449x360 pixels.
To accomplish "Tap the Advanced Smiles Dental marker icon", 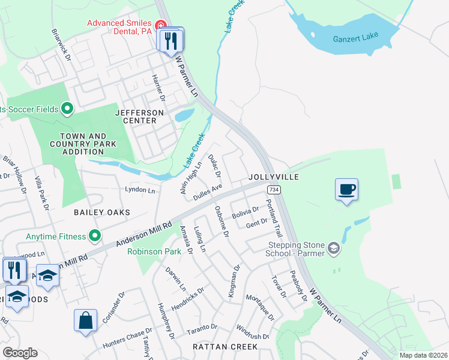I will [x=160, y=25].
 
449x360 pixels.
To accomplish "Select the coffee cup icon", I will [x=346, y=190].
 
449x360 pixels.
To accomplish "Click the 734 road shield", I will [x=274, y=189].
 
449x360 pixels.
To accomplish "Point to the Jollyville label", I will [x=274, y=178].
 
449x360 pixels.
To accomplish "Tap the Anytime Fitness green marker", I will [x=94, y=236].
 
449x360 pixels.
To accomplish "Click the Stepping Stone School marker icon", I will [x=334, y=248].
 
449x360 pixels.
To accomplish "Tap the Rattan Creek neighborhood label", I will [x=225, y=347].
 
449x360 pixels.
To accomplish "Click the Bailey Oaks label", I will [x=102, y=212].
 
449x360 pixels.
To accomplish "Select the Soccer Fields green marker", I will [x=67, y=109].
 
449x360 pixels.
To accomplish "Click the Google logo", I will [x=20, y=353].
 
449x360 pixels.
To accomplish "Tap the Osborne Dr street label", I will [x=221, y=221].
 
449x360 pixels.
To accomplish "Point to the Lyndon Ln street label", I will [x=140, y=190].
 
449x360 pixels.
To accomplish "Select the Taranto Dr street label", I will [x=202, y=328].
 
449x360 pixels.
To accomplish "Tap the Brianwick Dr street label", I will [x=61, y=44].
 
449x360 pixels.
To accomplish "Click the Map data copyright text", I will [x=423, y=355].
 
